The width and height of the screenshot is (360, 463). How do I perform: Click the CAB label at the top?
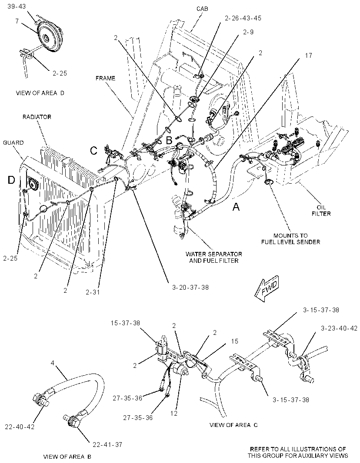pyautogui.click(x=202, y=9)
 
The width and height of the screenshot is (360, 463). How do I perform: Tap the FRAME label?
pyautogui.click(x=105, y=78)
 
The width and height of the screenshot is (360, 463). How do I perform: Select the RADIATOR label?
pyautogui.click(x=37, y=117)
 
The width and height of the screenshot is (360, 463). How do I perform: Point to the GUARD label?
pyautogui.click(x=13, y=142)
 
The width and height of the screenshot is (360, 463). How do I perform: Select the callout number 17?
pyautogui.click(x=308, y=56)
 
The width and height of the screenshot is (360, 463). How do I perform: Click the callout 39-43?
pyautogui.click(x=17, y=7)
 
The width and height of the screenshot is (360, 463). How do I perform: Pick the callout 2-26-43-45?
pyautogui.click(x=243, y=18)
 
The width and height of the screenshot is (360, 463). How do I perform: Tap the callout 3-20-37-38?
pyautogui.click(x=190, y=287)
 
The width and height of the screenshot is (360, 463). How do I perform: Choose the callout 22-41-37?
pyautogui.click(x=107, y=444)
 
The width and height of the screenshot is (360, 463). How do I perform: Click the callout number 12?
pyautogui.click(x=174, y=413)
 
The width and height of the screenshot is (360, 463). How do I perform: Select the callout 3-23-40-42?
pyautogui.click(x=339, y=328)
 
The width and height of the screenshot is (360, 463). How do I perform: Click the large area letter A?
pyautogui.click(x=236, y=207)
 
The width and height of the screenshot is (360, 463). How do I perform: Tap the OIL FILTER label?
pyautogui.click(x=321, y=210)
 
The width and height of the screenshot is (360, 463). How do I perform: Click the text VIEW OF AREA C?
pyautogui.click(x=233, y=425)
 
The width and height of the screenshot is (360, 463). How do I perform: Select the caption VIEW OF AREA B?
pyautogui.click(x=67, y=456)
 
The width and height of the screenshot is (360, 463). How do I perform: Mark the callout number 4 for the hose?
pyautogui.click(x=53, y=363)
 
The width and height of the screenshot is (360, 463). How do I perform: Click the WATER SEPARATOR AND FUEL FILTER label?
pyautogui.click(x=213, y=257)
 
